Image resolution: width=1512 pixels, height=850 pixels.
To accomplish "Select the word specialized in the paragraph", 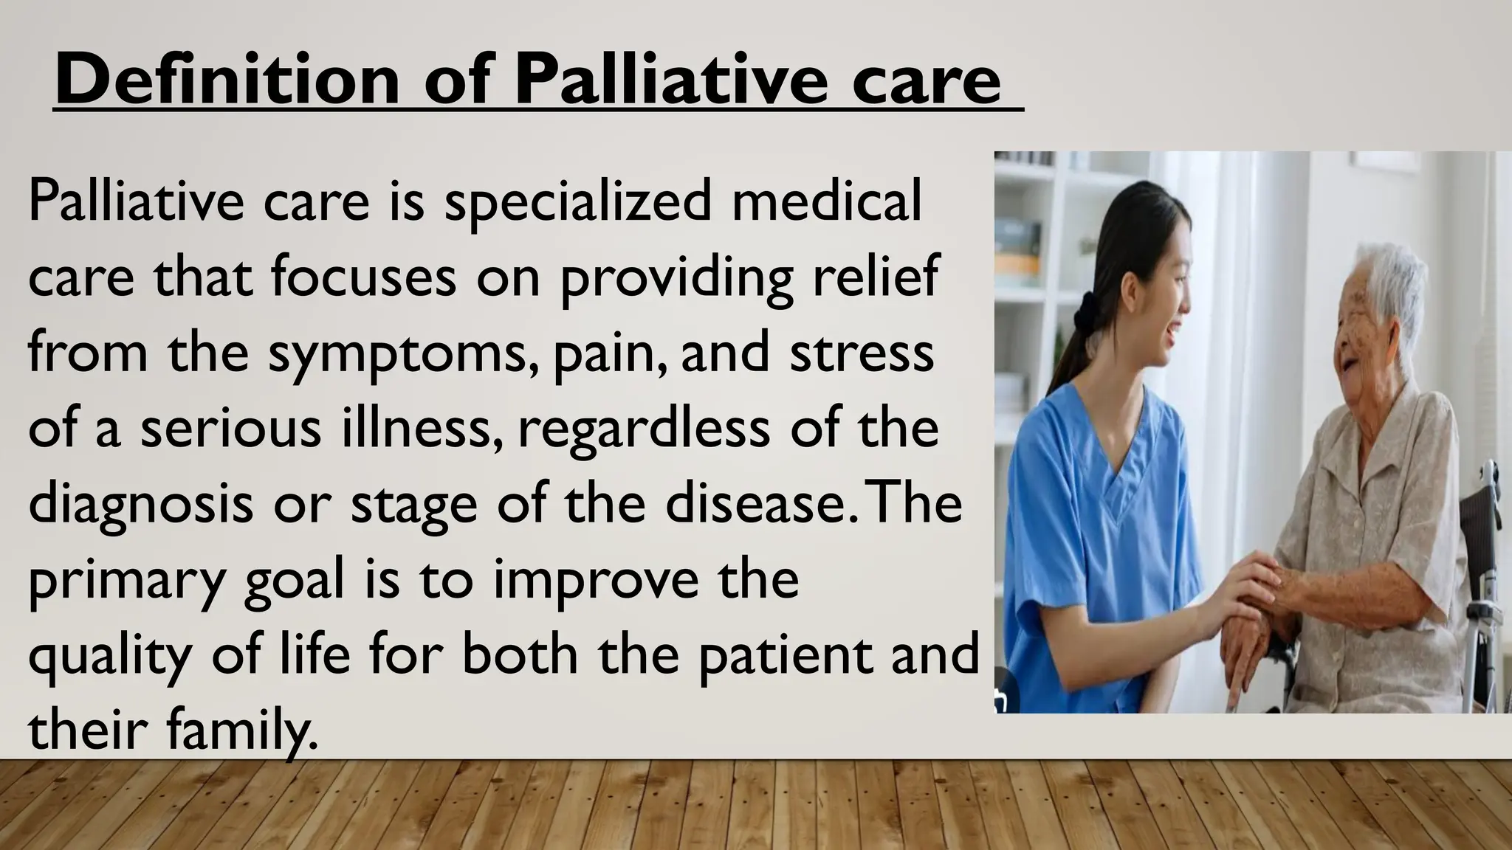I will click(x=576, y=202).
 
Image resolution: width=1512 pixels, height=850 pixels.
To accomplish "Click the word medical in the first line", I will click(x=826, y=201).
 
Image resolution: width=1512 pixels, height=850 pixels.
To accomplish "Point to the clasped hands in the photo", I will click(x=1262, y=590).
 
